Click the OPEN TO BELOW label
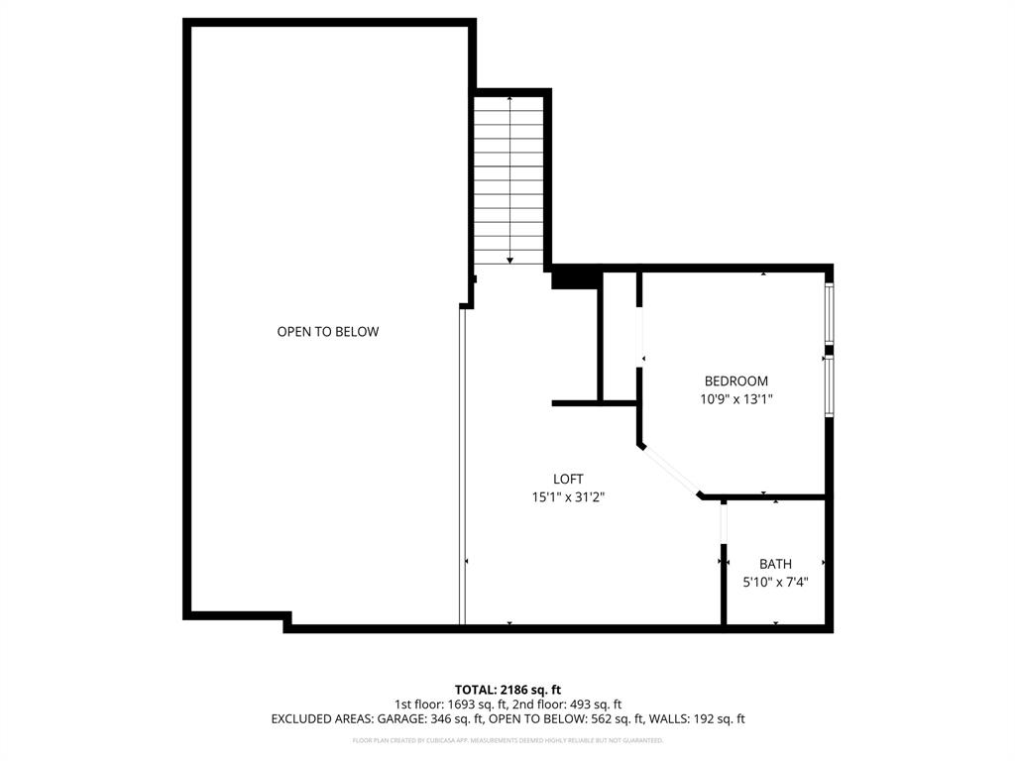pos(327,332)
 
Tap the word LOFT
pos(568,480)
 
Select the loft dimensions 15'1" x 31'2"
pos(568,497)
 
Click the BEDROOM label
pos(735,381)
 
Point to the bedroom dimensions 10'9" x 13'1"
pos(735,399)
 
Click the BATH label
pos(775,565)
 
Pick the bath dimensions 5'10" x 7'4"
pos(775,583)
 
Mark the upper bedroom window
pos(830,314)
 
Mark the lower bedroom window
pos(830,386)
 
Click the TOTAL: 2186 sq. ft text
pos(507,690)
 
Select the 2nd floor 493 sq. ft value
pos(572,705)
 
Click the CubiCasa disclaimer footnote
pos(507,740)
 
